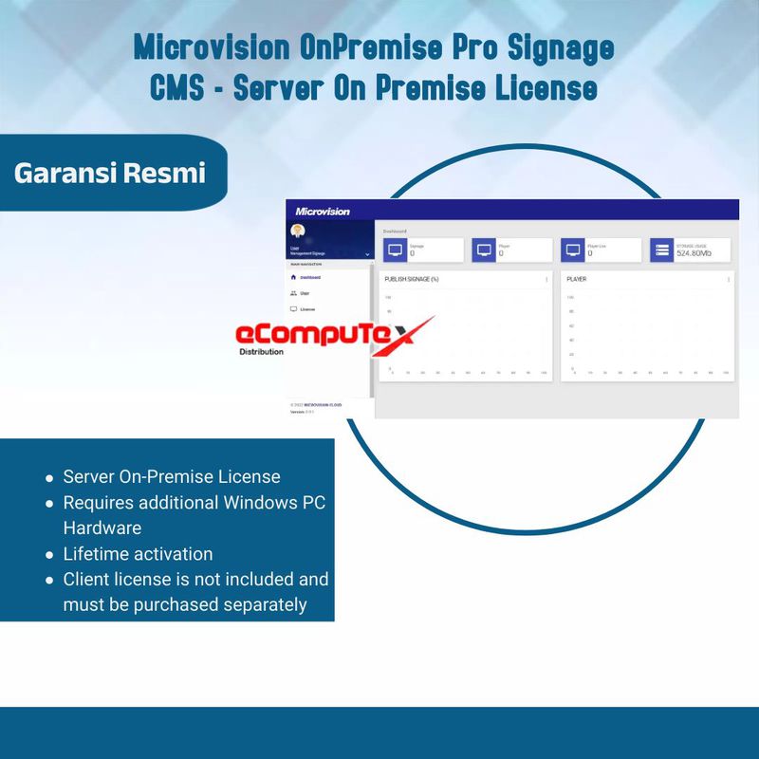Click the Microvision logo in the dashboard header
pyautogui.click(x=323, y=212)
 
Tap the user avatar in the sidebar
pyautogui.click(x=297, y=231)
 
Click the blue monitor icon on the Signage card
pyautogui.click(x=396, y=250)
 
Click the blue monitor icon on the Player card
pyautogui.click(x=484, y=250)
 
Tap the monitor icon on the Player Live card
pyautogui.click(x=572, y=250)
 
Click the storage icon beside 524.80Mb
pyautogui.click(x=662, y=250)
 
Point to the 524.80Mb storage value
pyautogui.click(x=694, y=254)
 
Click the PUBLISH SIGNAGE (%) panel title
pyautogui.click(x=411, y=280)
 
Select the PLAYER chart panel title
pyautogui.click(x=576, y=280)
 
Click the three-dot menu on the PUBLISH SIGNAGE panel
pyautogui.click(x=546, y=280)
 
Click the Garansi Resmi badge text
pyautogui.click(x=109, y=174)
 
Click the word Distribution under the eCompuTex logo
pyautogui.click(x=262, y=352)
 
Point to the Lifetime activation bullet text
pyautogui.click(x=138, y=553)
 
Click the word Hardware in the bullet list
pyautogui.click(x=102, y=528)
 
